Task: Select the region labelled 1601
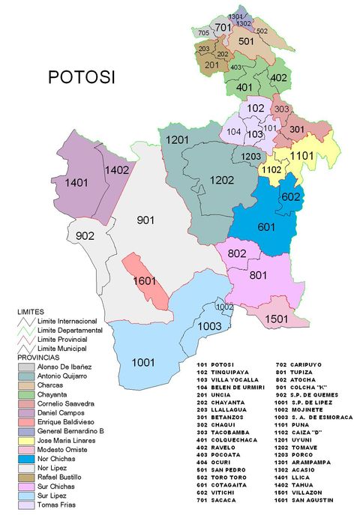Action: coord(144,281)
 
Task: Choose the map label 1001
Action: coord(143,362)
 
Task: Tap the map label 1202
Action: coord(222,180)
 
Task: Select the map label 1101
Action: coord(301,155)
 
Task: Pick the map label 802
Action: coord(237,253)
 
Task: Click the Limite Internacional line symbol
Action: coord(26,321)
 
